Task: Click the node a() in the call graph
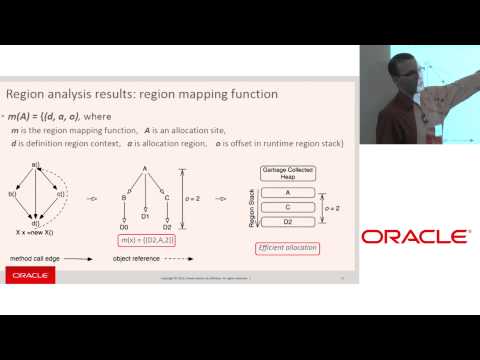pyautogui.click(x=36, y=163)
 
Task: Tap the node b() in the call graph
pyautogui.click(x=12, y=194)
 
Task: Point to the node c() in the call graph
pyautogui.click(x=60, y=194)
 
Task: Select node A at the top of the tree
pyautogui.click(x=145, y=168)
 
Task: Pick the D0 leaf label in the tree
pyautogui.click(x=122, y=227)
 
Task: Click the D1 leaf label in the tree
pyautogui.click(x=145, y=216)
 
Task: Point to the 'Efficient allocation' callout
pyautogui.click(x=288, y=246)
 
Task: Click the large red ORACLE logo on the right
pyautogui.click(x=415, y=237)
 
